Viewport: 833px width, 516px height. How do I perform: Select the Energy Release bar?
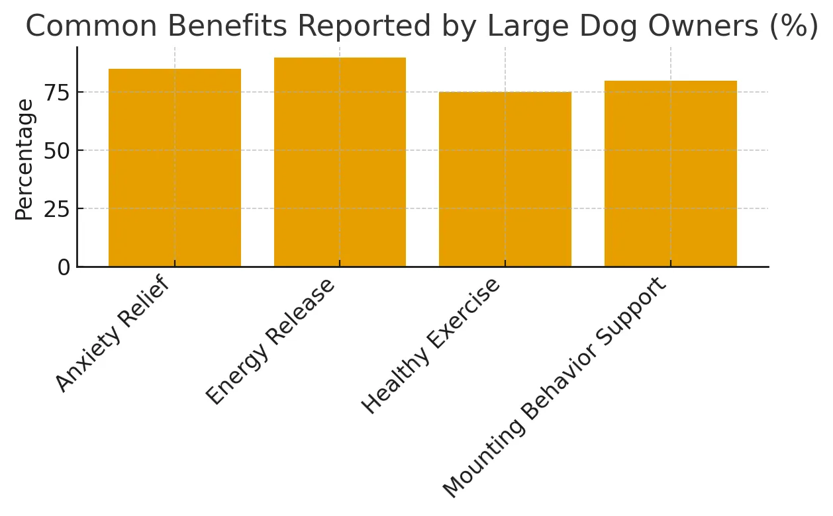coord(340,162)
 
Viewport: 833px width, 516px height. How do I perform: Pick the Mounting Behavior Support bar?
coord(670,173)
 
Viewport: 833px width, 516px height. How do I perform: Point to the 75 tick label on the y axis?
coord(56,93)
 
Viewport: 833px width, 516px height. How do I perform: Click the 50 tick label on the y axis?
coord(56,151)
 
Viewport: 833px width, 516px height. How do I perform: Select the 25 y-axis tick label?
coord(56,209)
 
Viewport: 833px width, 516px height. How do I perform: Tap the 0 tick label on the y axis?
coord(64,267)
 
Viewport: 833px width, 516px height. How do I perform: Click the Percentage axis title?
coord(24,159)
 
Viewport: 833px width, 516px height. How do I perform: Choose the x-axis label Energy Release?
coord(270,342)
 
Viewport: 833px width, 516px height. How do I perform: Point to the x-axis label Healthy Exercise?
coord(430,347)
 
